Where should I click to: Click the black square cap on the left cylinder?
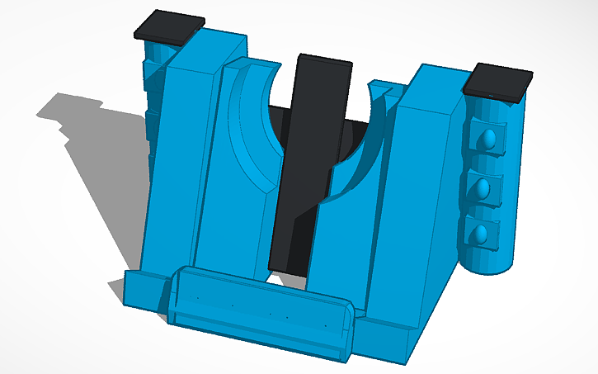(x=169, y=27)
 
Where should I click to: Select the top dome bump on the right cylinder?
(x=489, y=138)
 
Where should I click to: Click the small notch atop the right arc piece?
(x=380, y=86)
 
